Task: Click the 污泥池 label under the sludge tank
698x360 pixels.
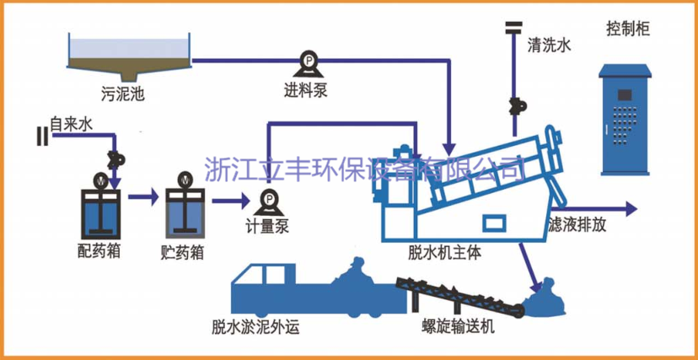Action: [x=121, y=94]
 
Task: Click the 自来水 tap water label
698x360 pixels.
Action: [x=72, y=124]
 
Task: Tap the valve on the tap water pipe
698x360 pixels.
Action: [x=115, y=158]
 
